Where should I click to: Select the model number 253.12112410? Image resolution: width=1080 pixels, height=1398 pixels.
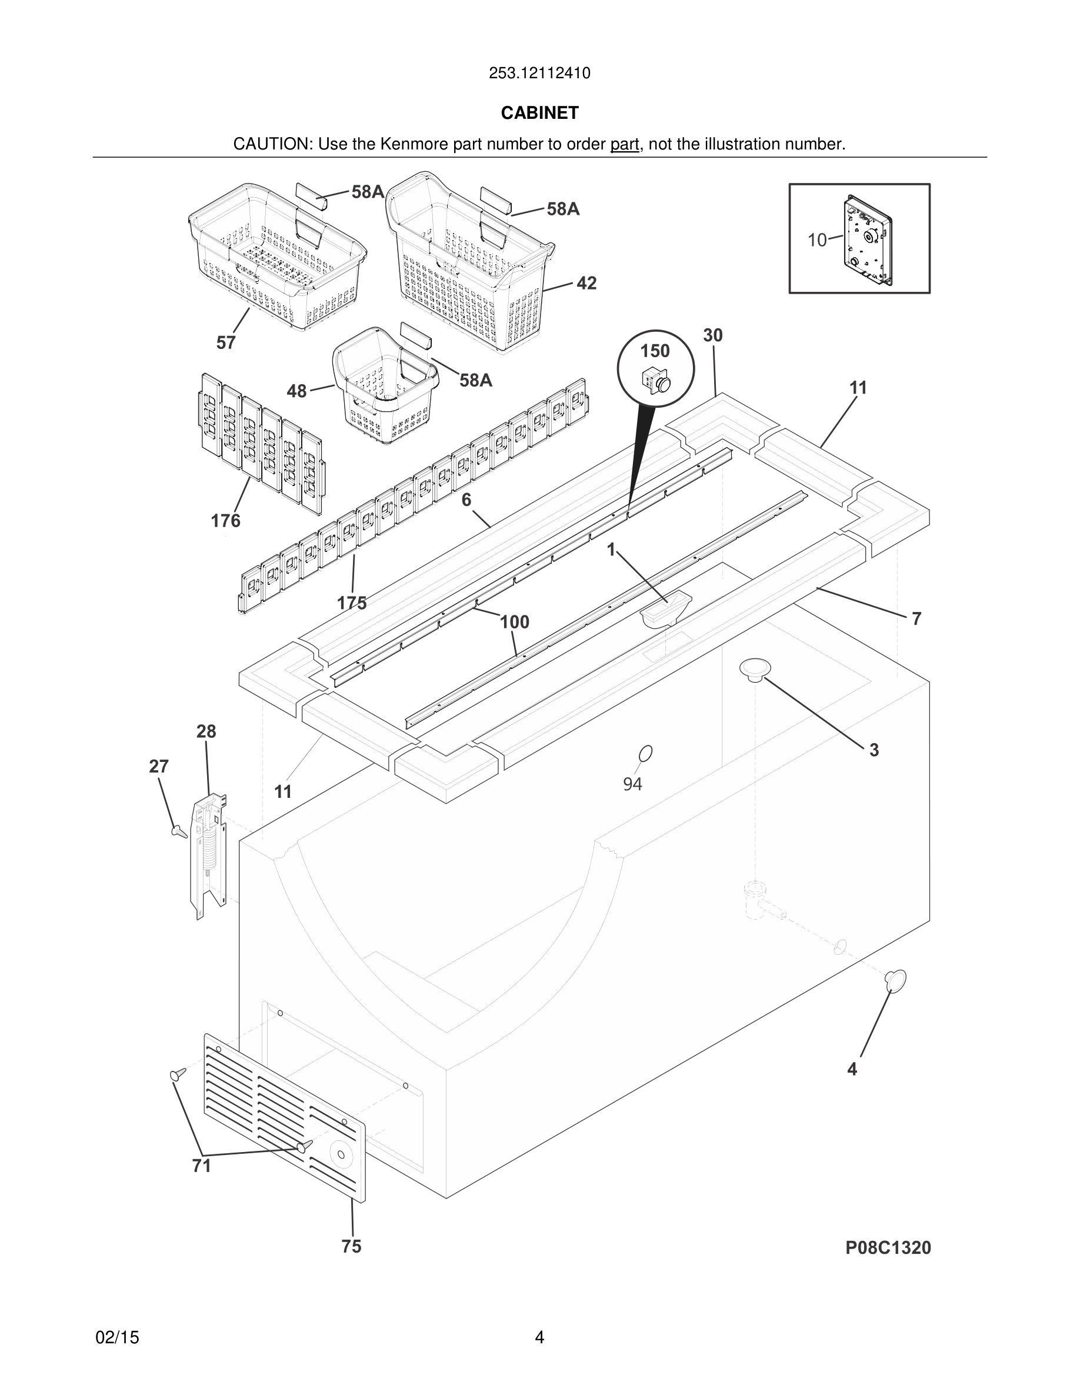pos(539,74)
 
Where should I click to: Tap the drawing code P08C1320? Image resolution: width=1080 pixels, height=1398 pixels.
pos(888,1247)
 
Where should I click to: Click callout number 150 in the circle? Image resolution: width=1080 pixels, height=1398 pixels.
pos(655,351)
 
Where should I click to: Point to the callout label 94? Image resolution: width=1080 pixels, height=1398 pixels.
pos(632,784)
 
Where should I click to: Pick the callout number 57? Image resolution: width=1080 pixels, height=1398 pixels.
pos(225,342)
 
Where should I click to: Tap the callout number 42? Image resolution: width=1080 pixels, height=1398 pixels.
pos(586,283)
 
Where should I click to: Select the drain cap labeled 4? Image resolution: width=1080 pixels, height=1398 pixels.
pos(895,980)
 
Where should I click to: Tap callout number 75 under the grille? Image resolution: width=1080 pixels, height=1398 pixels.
pos(351,1246)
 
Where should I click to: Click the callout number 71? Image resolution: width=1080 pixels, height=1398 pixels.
pos(202,1166)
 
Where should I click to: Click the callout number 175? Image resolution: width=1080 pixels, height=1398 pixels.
pos(352,603)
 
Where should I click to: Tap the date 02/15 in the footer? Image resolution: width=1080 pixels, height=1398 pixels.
pos(117,1337)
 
